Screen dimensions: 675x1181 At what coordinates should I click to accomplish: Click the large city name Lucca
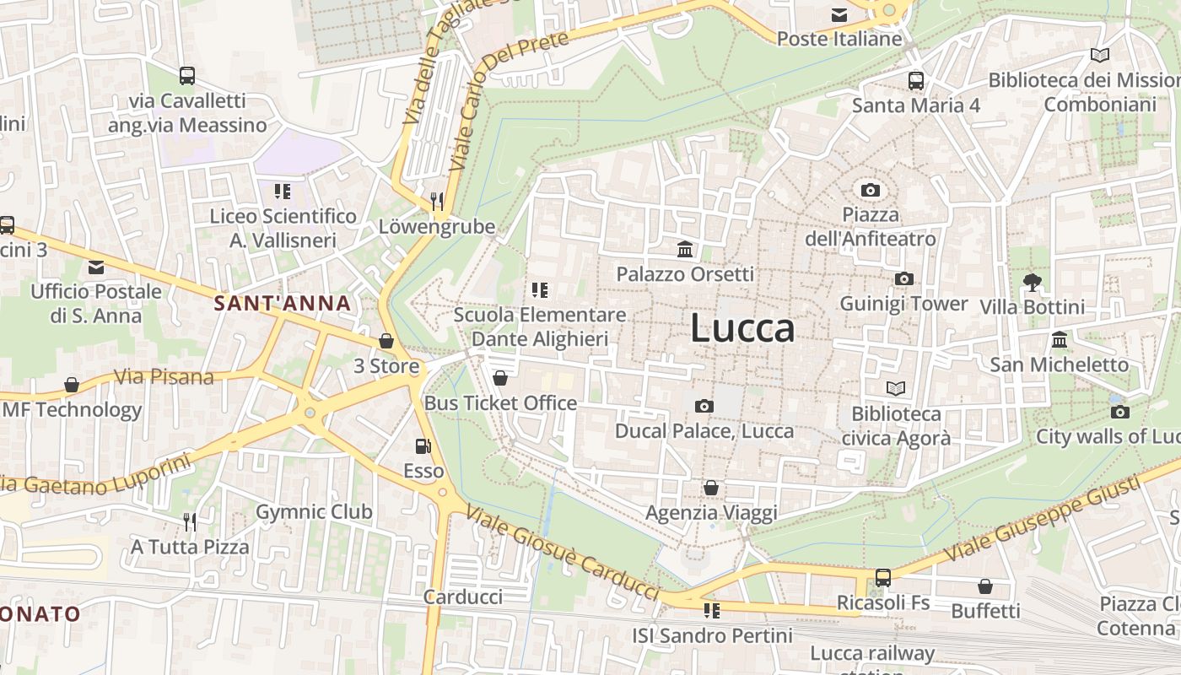click(742, 327)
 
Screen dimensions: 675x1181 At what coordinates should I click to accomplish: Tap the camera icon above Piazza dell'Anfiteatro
click(871, 190)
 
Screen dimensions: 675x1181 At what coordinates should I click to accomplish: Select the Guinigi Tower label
click(903, 303)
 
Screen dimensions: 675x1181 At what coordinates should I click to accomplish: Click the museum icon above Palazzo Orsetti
click(685, 250)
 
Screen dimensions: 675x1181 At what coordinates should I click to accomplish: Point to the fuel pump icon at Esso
click(423, 446)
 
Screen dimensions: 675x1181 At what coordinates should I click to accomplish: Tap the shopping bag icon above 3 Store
click(386, 341)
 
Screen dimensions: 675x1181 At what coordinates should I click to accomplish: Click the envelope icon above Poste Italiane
click(839, 14)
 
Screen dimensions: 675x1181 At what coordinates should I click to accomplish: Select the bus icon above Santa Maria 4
click(916, 81)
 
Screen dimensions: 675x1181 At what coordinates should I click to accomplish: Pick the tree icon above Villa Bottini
click(1032, 282)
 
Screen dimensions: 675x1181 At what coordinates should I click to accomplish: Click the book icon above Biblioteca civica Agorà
click(896, 388)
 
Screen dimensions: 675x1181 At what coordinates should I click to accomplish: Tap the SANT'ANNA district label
click(282, 304)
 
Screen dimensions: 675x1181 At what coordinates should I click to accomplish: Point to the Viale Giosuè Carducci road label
click(562, 553)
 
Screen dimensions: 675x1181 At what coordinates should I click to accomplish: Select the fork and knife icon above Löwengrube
click(437, 201)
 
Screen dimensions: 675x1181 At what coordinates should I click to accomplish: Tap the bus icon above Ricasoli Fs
click(883, 578)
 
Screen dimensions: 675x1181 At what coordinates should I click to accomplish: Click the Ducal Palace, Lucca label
click(704, 431)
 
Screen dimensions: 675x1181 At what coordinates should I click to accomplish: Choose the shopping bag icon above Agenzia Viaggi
click(711, 488)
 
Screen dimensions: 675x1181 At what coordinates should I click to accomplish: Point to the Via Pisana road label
click(164, 376)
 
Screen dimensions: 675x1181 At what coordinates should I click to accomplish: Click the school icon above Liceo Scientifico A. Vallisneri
click(283, 192)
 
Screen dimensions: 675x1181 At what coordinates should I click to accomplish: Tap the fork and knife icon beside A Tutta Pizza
click(190, 522)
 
